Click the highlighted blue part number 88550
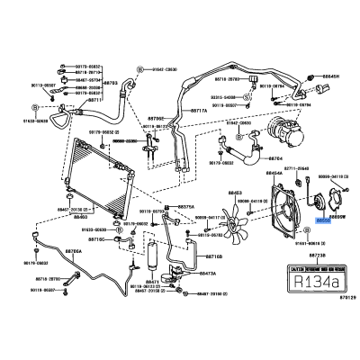(x=322, y=219)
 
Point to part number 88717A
(x=197, y=111)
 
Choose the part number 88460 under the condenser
(x=81, y=217)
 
